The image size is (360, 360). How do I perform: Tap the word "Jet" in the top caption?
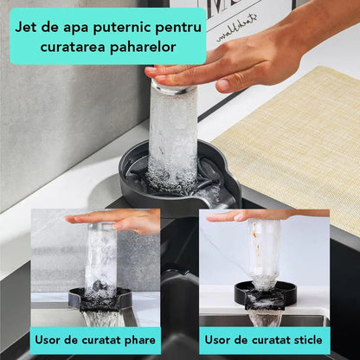click(26, 28)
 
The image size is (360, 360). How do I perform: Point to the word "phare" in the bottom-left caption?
click(140, 340)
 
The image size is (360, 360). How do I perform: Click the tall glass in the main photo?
click(172, 132)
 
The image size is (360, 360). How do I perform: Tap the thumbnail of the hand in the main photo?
click(222, 85)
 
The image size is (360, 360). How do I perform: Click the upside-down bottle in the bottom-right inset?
click(264, 254)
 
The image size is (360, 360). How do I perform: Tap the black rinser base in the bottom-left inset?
click(100, 299)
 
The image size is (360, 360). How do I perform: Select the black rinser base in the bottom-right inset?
click(265, 294)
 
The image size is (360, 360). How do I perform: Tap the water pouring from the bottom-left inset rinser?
click(100, 318)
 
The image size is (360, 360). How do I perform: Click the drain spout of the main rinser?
click(222, 199)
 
